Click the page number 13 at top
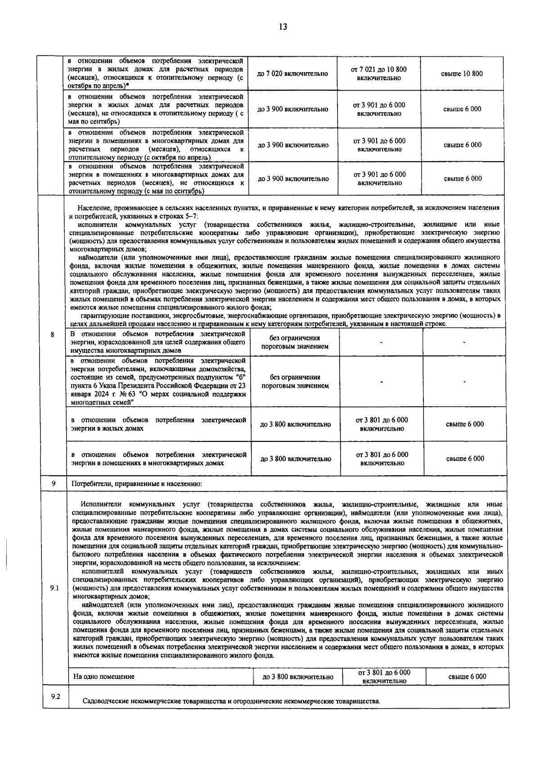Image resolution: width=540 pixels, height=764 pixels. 283,27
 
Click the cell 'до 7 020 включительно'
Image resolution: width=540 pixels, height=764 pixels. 292,73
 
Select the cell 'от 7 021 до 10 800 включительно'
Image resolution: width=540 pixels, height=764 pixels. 378,73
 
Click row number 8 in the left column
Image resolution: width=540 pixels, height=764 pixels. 53,335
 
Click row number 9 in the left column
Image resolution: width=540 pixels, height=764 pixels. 53,483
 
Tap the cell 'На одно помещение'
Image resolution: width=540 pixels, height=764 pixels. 104,677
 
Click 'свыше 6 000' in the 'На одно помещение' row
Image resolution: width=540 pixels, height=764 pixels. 467,677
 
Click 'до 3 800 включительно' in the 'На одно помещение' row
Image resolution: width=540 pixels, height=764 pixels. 298,677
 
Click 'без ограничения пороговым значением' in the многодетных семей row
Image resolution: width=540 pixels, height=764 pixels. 295,382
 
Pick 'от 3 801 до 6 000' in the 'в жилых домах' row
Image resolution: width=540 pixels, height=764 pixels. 382,424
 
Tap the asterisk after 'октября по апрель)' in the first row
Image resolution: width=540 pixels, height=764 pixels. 128,86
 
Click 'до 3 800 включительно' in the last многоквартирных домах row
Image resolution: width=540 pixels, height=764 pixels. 296,459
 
